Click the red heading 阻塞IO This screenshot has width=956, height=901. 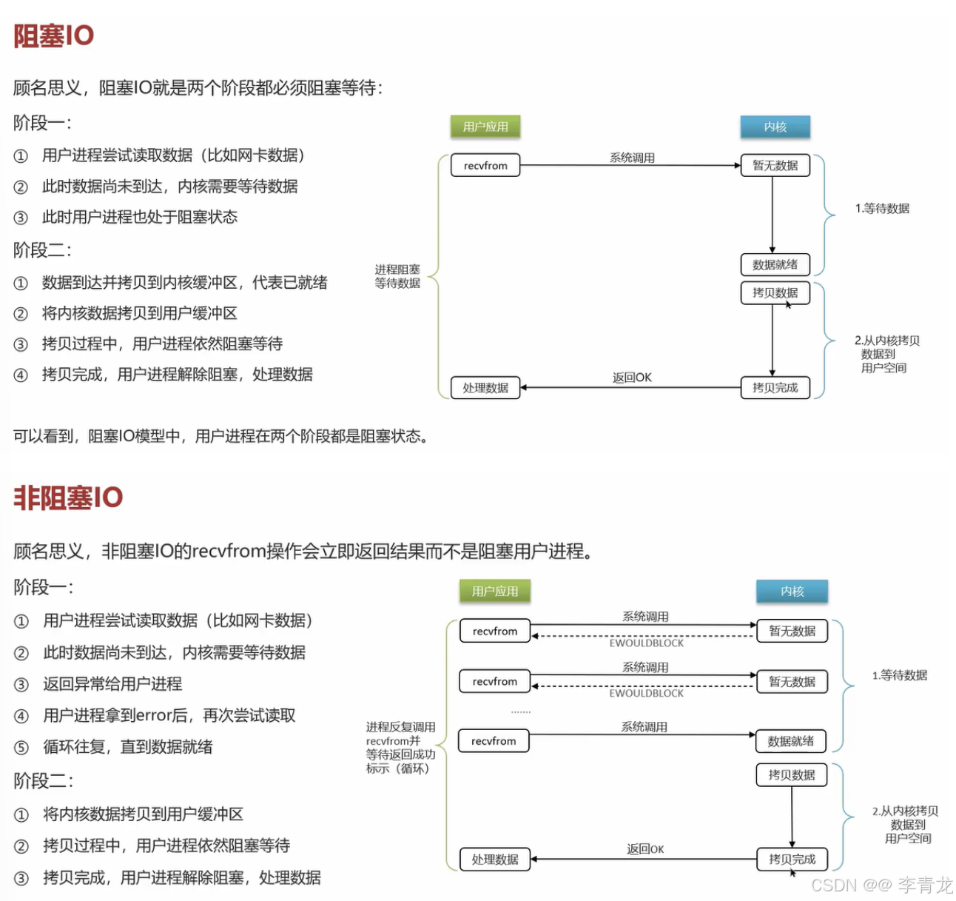pos(54,36)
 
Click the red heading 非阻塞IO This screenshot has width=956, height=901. pos(68,498)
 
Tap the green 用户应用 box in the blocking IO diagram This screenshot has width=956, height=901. pos(485,127)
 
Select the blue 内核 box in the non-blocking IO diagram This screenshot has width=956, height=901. pos(792,591)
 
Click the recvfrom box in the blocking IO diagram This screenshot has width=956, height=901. pos(485,165)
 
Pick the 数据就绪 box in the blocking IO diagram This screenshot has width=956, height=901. pos(775,264)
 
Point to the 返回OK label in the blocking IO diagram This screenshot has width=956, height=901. pos(632,378)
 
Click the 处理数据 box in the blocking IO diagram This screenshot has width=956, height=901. pos(485,387)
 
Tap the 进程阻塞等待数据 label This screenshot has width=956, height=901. pos(397,276)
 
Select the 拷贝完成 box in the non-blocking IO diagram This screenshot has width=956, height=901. pos(792,859)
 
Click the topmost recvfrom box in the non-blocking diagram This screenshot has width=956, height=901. pos(495,631)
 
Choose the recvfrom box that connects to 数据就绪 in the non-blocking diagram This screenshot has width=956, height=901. pos(494,740)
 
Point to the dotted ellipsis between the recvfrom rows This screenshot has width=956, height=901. pos(521,711)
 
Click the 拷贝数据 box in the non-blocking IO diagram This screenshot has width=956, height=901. pos(792,774)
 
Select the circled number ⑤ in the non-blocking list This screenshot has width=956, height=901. pos(21,747)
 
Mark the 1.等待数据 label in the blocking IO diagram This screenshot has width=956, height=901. pos(882,208)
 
